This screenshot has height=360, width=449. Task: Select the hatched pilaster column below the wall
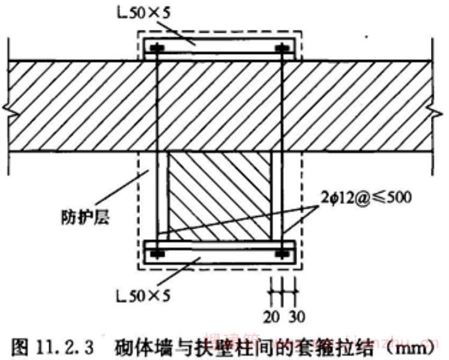[x=218, y=195]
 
